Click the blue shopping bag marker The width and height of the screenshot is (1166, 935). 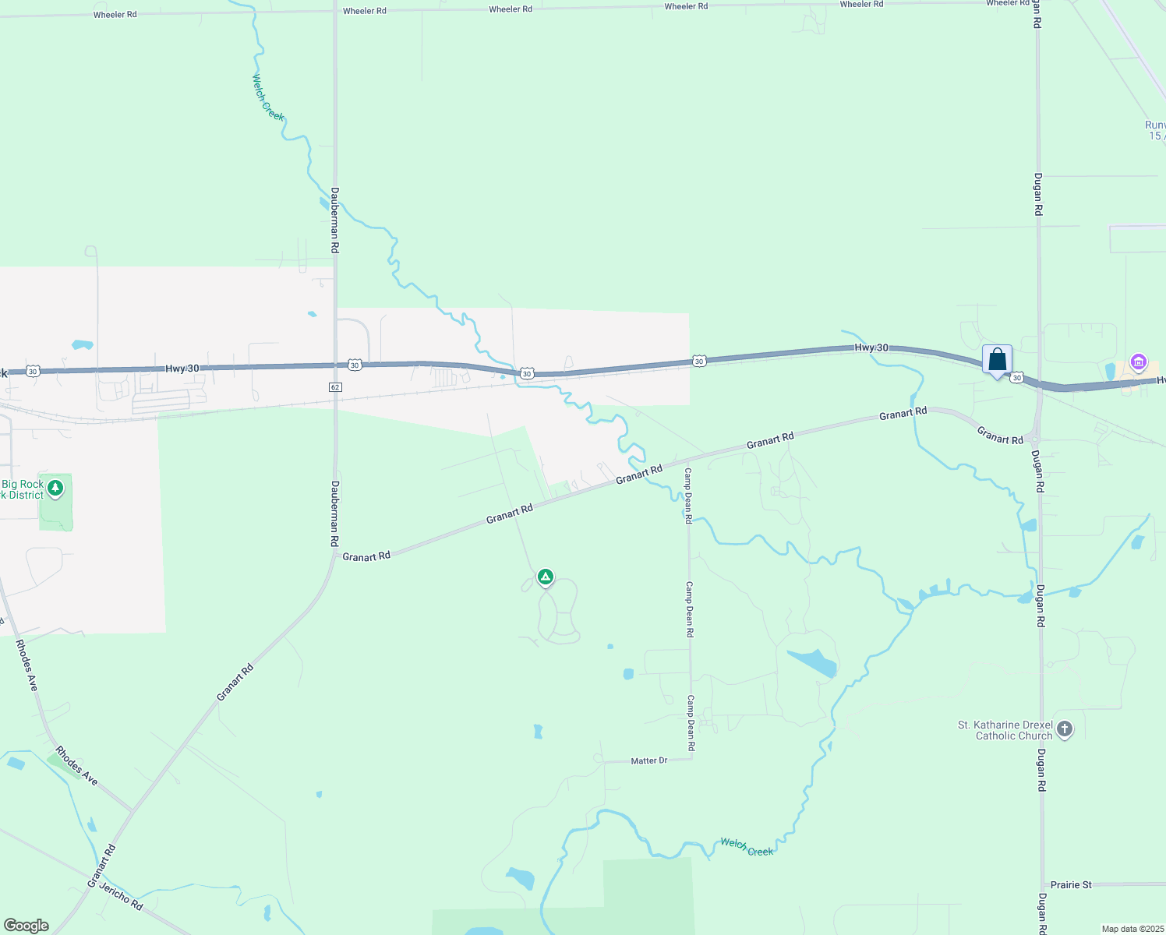[x=997, y=360]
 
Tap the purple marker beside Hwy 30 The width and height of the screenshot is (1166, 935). [x=1138, y=362]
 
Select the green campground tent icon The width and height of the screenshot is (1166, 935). [x=546, y=577]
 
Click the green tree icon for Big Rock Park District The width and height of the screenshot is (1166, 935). [x=55, y=489]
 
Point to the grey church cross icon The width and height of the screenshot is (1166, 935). [x=1065, y=730]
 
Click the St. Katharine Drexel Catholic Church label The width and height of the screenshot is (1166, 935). [x=1005, y=731]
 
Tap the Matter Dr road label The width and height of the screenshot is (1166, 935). [x=648, y=760]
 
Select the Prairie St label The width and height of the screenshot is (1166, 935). [x=1071, y=885]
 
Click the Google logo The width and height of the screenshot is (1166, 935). [x=26, y=926]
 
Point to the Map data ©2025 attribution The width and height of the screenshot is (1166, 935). [x=1132, y=929]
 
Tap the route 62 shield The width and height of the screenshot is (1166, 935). [x=335, y=386]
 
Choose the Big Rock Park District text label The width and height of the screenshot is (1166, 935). [x=22, y=489]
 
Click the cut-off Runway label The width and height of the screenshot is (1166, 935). [x=1155, y=130]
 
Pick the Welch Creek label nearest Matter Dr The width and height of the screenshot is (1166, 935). [x=746, y=847]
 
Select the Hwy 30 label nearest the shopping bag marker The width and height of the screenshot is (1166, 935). [x=871, y=348]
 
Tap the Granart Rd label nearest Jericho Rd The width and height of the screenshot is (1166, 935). [x=101, y=866]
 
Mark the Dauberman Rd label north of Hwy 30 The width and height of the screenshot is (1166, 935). [x=334, y=220]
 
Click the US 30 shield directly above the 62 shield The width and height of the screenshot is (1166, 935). [x=355, y=365]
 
